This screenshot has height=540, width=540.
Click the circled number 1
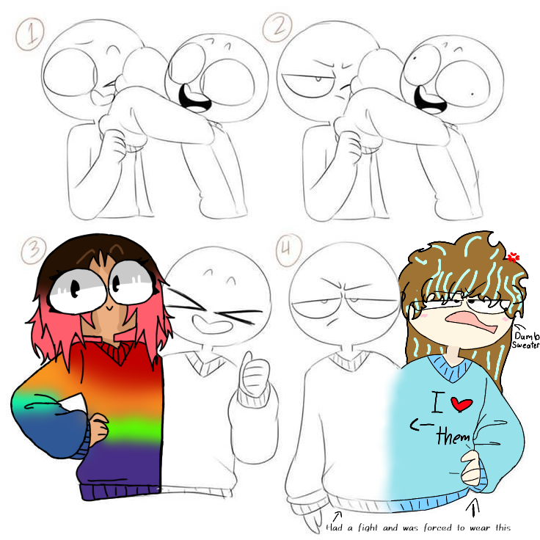click(30, 34)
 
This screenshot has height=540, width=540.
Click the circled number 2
click(278, 27)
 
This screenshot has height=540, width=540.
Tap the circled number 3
click(34, 250)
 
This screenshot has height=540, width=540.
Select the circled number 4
click(288, 249)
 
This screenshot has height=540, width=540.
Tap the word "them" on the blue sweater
click(453, 436)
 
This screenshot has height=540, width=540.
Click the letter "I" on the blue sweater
click(437, 402)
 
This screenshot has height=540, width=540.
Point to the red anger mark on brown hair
click(513, 257)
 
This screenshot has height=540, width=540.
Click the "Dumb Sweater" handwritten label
click(525, 340)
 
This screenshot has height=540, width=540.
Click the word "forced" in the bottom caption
click(439, 528)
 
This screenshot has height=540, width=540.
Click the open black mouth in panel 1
click(194, 98)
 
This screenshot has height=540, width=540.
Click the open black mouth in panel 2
click(429, 100)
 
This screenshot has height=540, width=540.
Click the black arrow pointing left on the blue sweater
click(422, 426)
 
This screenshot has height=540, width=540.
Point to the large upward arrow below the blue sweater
click(474, 507)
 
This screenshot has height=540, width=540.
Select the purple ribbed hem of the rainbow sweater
click(120, 491)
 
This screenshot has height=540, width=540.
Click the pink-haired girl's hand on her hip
click(99, 429)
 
